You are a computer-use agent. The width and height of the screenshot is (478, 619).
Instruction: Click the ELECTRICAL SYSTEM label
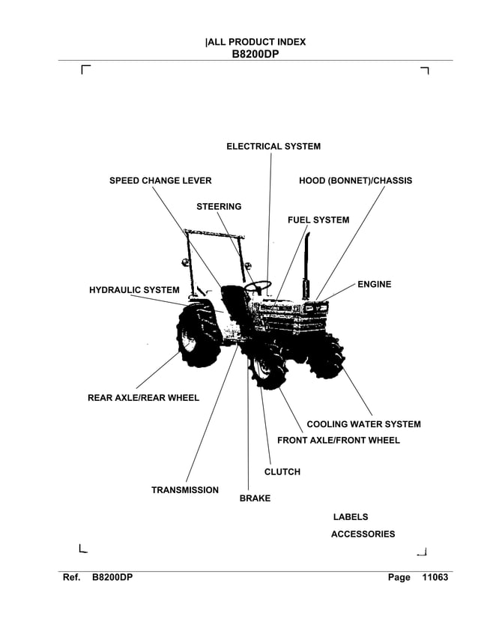pyautogui.click(x=273, y=146)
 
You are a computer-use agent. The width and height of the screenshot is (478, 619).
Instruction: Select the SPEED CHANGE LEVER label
pyautogui.click(x=160, y=181)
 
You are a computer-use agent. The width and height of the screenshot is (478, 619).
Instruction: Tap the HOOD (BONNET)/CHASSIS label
pyautogui.click(x=355, y=181)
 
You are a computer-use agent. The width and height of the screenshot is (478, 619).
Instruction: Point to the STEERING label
pyautogui.click(x=219, y=206)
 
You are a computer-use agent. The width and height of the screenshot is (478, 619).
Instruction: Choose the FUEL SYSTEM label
pyautogui.click(x=318, y=220)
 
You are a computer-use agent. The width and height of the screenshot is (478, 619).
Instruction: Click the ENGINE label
pyautogui.click(x=374, y=285)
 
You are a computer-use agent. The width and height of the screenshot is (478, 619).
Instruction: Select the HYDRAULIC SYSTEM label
pyautogui.click(x=134, y=290)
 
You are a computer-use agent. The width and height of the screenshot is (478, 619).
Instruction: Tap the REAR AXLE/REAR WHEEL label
pyautogui.click(x=143, y=398)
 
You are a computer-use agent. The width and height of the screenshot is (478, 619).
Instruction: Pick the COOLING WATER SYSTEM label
pyautogui.click(x=363, y=424)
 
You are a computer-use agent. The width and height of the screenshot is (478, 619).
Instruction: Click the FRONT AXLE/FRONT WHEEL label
pyautogui.click(x=339, y=440)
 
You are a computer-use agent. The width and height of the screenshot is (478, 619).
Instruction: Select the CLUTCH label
pyautogui.click(x=282, y=472)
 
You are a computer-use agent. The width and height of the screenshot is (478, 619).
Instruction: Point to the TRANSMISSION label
pyautogui.click(x=185, y=490)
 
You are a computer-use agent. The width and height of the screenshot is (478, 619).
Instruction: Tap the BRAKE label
pyautogui.click(x=255, y=498)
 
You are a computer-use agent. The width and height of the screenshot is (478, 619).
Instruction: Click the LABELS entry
pyautogui.click(x=350, y=517)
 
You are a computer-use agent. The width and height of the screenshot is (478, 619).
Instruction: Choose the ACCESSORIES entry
pyautogui.click(x=363, y=534)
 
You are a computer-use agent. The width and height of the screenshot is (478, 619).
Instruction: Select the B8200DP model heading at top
pyautogui.click(x=255, y=54)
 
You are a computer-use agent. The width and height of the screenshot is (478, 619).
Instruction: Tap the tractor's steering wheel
pyautogui.click(x=257, y=286)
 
